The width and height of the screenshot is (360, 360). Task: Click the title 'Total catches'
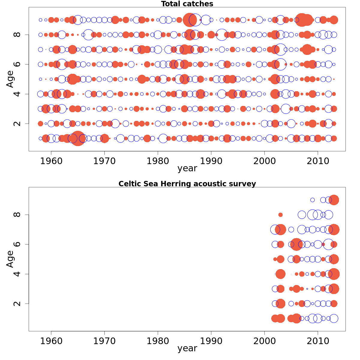click(187, 4)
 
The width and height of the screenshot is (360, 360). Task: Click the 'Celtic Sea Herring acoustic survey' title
click(187, 184)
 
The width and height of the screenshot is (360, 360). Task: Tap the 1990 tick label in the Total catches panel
click(211, 161)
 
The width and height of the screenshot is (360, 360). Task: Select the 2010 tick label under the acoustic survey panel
click(318, 341)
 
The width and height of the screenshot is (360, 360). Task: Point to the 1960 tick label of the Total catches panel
click(51, 161)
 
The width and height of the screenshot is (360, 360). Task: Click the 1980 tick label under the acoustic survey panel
click(158, 341)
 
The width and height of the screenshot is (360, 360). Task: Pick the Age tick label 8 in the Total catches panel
click(18, 34)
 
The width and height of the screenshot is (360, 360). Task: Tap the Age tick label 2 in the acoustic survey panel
click(18, 304)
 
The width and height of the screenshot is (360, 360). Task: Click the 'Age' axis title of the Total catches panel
click(10, 79)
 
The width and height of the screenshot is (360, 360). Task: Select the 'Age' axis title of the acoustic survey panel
click(10, 259)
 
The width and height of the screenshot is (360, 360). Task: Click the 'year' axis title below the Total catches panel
click(187, 169)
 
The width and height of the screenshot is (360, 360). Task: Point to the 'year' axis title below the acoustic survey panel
click(187, 349)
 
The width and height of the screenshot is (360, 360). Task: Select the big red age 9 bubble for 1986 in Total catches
click(190, 20)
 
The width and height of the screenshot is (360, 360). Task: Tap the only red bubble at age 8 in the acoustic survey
click(280, 215)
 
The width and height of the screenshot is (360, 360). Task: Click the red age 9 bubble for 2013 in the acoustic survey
click(334, 200)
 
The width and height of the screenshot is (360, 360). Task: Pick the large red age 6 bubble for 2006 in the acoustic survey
click(296, 244)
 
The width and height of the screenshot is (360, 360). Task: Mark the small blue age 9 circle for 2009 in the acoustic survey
click(312, 200)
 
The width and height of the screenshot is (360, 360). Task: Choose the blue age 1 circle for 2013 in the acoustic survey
click(334, 319)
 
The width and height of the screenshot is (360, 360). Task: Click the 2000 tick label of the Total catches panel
click(265, 161)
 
